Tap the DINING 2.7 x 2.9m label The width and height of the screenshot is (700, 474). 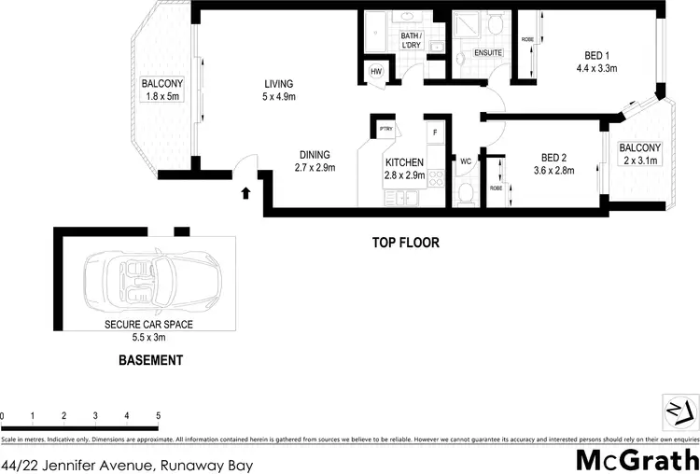pyautogui.click(x=315, y=161)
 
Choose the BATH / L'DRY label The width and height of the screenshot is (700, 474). pyautogui.click(x=412, y=39)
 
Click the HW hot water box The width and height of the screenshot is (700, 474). pyautogui.click(x=377, y=71)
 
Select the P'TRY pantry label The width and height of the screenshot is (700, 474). pyautogui.click(x=385, y=130)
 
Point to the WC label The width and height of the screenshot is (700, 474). pyautogui.click(x=465, y=160)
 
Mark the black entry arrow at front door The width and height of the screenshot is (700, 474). pyautogui.click(x=245, y=193)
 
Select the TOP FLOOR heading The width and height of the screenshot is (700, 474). pyautogui.click(x=406, y=243)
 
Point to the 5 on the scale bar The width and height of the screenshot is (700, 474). pyautogui.click(x=158, y=415)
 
